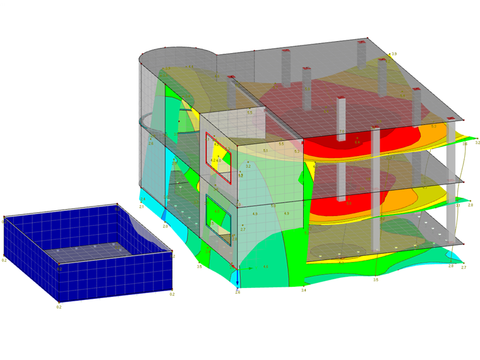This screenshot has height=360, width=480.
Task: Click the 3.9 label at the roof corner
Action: (x=394, y=54)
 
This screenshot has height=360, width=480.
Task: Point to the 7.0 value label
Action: (x=342, y=131)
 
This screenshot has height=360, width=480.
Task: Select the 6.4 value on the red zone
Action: (x=357, y=143)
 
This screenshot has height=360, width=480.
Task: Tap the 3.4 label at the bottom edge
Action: (x=304, y=290)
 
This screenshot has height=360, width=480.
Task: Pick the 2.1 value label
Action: (x=141, y=207)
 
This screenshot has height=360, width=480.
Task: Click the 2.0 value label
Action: (x=165, y=225)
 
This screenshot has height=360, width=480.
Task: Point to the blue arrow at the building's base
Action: (x=237, y=279)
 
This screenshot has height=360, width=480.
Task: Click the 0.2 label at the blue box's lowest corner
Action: (x=59, y=307)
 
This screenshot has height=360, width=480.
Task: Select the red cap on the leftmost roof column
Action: (x=285, y=50)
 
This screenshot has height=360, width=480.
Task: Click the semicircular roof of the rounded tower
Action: (x=174, y=56)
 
